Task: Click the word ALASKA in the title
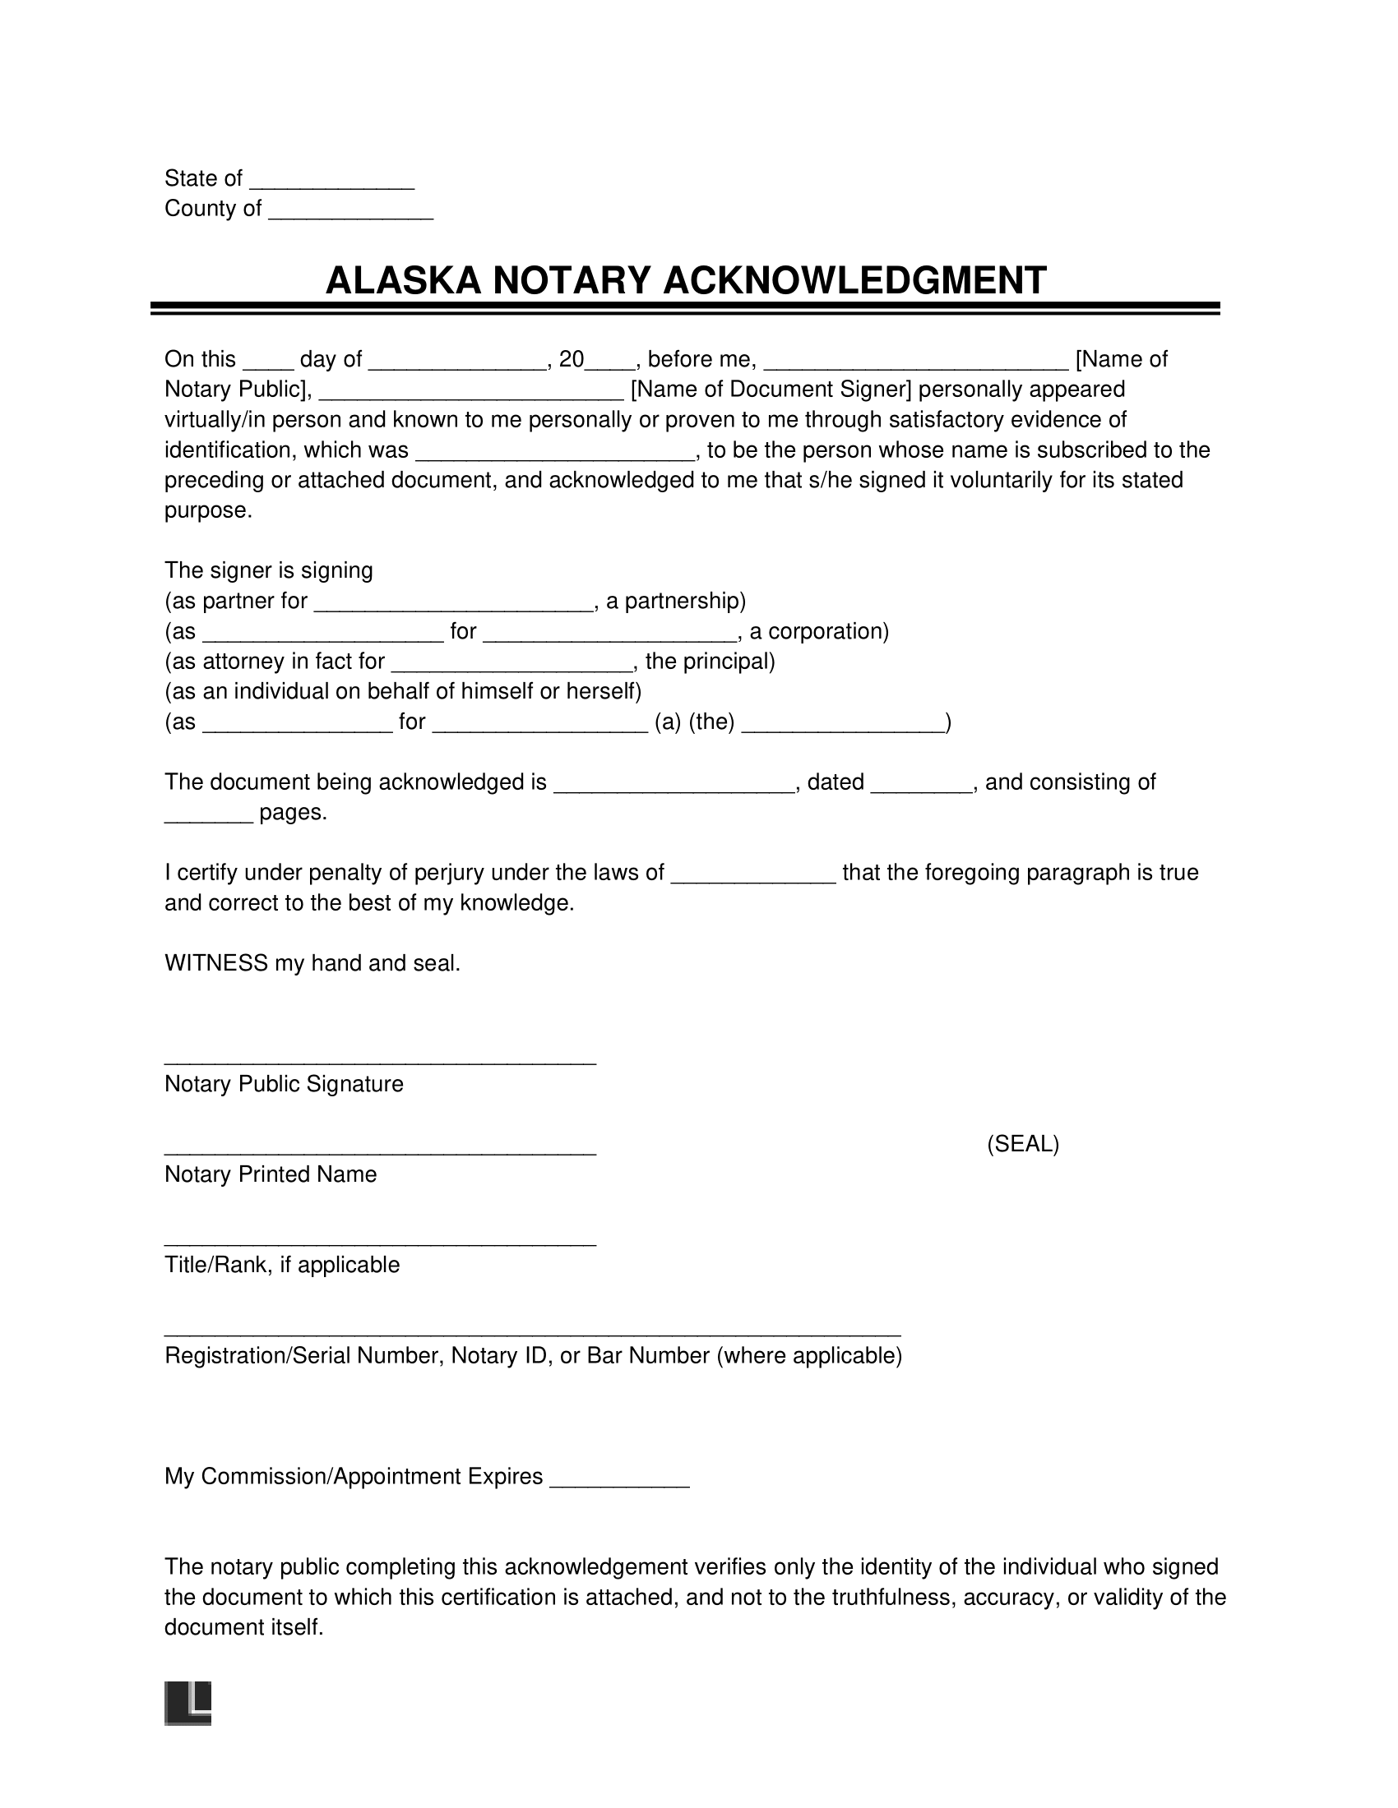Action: [x=403, y=280]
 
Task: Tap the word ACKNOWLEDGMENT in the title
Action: [x=854, y=280]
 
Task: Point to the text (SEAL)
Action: [x=1023, y=1144]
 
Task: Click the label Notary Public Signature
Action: [x=284, y=1085]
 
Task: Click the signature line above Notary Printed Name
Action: [x=380, y=1151]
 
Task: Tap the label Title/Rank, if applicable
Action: [x=282, y=1265]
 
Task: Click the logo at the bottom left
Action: [x=188, y=1704]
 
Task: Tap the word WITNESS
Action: [x=216, y=964]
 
